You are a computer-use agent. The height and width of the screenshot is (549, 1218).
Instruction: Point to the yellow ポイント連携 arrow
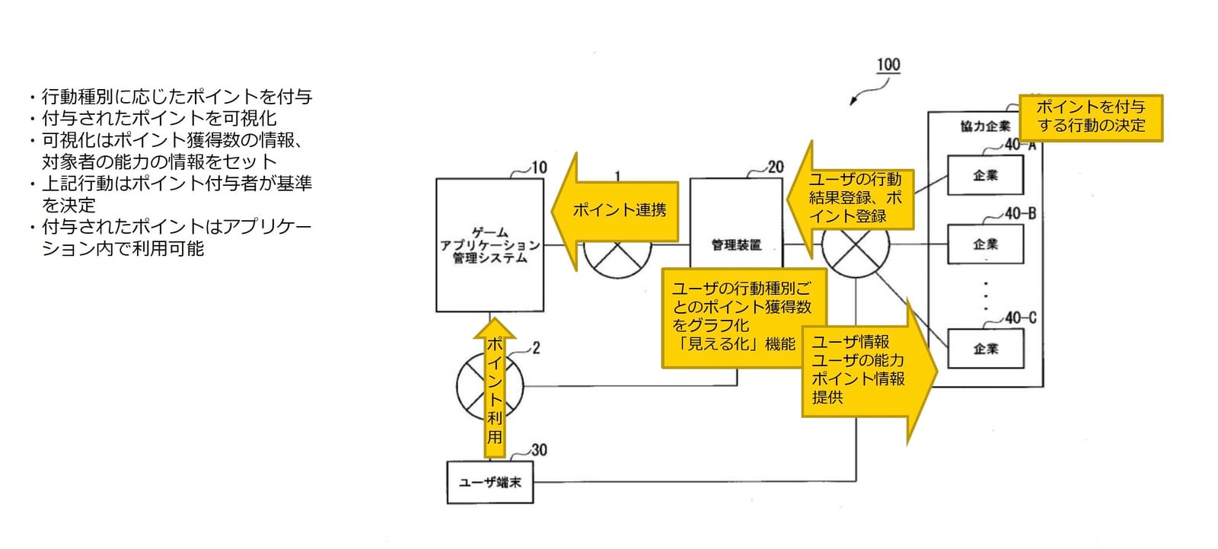point(615,211)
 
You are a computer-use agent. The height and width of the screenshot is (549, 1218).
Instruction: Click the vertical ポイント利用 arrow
point(494,388)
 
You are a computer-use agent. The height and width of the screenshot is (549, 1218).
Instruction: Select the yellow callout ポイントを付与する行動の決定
point(1090,117)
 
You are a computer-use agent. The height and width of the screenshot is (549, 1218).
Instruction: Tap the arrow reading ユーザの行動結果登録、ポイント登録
point(850,199)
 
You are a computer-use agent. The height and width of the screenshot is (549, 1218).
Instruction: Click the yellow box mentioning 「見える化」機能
point(744,318)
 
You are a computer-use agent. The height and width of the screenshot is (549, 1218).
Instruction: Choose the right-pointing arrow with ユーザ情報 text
point(869,371)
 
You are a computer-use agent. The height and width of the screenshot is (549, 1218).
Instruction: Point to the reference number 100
point(888,65)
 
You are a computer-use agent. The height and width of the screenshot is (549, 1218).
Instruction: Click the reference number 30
point(539,450)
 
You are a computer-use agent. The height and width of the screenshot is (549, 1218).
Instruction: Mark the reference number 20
point(776,167)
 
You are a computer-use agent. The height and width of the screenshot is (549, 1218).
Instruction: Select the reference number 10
point(539,168)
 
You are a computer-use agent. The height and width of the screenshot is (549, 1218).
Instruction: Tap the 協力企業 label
point(985,126)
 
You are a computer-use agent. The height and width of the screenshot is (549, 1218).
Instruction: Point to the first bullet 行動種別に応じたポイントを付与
point(171,96)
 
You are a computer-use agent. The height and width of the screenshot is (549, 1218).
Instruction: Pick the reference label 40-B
point(1021,213)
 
